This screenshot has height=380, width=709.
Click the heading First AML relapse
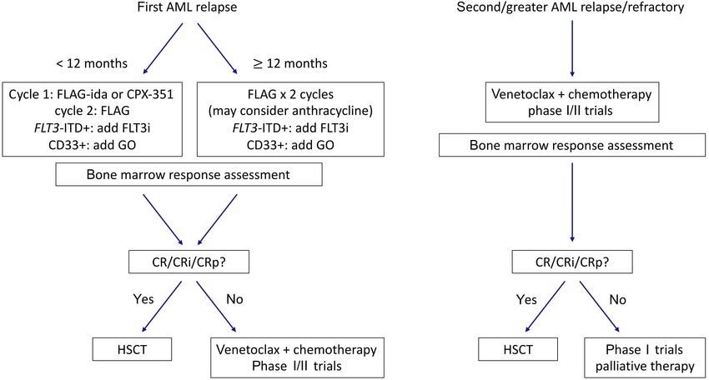[x=187, y=7]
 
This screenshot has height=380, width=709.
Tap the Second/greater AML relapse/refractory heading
[x=571, y=7]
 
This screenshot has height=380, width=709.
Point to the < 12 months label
[x=92, y=63]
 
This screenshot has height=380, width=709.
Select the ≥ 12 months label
[x=289, y=63]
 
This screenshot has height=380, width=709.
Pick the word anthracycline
[x=326, y=111]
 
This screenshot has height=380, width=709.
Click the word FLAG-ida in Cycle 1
[x=76, y=94]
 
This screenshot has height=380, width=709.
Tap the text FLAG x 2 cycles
[x=290, y=94]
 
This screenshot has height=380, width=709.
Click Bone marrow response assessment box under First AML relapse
[x=189, y=175]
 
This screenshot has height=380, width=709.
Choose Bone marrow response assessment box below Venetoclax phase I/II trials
[x=572, y=146]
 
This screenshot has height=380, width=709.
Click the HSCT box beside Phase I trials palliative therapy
[x=518, y=350]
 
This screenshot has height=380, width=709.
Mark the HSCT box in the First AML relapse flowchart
[x=132, y=350]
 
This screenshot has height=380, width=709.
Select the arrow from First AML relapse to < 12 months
[x=163, y=48]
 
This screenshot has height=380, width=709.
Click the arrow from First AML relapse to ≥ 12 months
[x=218, y=48]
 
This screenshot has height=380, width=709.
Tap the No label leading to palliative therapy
[x=617, y=299]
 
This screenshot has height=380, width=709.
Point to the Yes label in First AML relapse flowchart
[x=143, y=299]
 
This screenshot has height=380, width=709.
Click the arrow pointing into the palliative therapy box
[x=600, y=307]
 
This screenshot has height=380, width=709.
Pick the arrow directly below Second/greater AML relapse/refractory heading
[x=572, y=48]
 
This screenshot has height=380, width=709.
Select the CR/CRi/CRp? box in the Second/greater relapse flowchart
[x=572, y=262]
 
